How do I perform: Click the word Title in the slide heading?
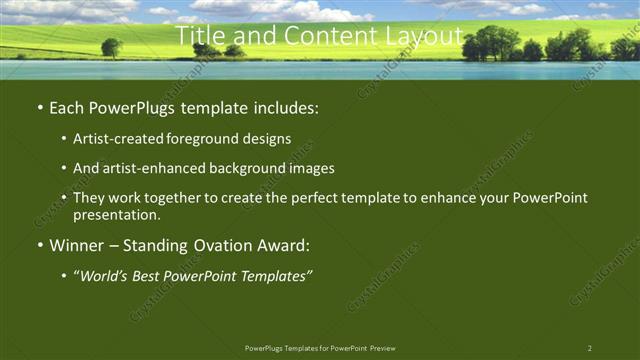198,36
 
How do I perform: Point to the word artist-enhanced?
146,169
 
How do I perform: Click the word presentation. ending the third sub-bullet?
116,214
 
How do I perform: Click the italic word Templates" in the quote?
276,275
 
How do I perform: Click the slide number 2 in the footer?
589,348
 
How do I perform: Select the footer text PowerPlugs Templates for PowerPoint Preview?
319,348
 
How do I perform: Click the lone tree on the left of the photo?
111,47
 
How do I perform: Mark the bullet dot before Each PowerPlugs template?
39,107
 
